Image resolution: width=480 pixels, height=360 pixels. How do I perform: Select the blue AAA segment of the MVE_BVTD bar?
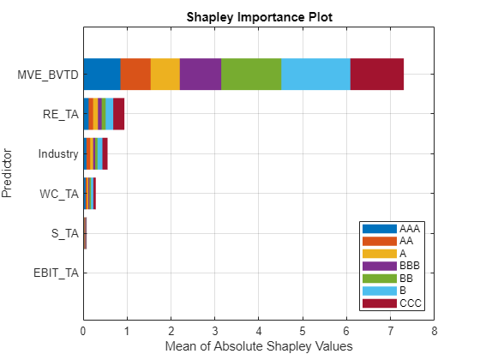point(102,75)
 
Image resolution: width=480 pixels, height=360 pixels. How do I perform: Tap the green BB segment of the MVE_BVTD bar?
point(251,75)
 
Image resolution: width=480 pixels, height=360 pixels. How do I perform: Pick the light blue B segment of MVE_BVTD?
point(315,75)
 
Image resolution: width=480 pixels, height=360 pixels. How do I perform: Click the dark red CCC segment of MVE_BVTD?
point(376,75)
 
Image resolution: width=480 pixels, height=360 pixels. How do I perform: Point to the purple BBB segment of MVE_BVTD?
point(201,75)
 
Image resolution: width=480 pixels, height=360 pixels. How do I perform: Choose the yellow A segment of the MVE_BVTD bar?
point(165,75)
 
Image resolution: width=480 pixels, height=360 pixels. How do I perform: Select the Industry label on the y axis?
point(58,154)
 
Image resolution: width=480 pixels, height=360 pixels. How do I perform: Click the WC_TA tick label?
point(60,194)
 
